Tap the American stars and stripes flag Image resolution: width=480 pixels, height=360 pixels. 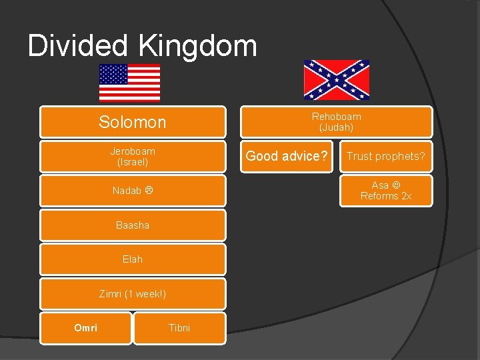point(129,82)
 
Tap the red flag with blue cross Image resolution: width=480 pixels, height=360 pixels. point(336,80)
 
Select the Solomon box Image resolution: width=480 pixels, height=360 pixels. point(132,122)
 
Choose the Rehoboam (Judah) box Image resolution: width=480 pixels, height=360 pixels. point(336,122)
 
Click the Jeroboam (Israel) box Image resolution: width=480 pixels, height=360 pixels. point(132,157)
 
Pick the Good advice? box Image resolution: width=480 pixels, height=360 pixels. point(287,156)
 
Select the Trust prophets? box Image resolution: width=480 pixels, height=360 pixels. point(385,156)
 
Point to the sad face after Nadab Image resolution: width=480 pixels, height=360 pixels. point(149,191)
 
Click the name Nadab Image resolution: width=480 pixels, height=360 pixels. point(127,191)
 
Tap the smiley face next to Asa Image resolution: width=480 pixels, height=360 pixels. point(396,185)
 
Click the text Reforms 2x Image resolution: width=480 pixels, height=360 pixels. point(385,196)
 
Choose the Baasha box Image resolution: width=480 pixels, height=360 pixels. point(132,225)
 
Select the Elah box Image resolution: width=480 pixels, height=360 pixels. point(132,259)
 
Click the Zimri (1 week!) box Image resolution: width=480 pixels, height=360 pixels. point(132,294)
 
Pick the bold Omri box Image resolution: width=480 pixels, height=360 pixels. point(85,327)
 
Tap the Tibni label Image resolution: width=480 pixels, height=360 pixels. point(179,327)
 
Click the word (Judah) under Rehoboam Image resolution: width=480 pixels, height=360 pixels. point(336,127)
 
